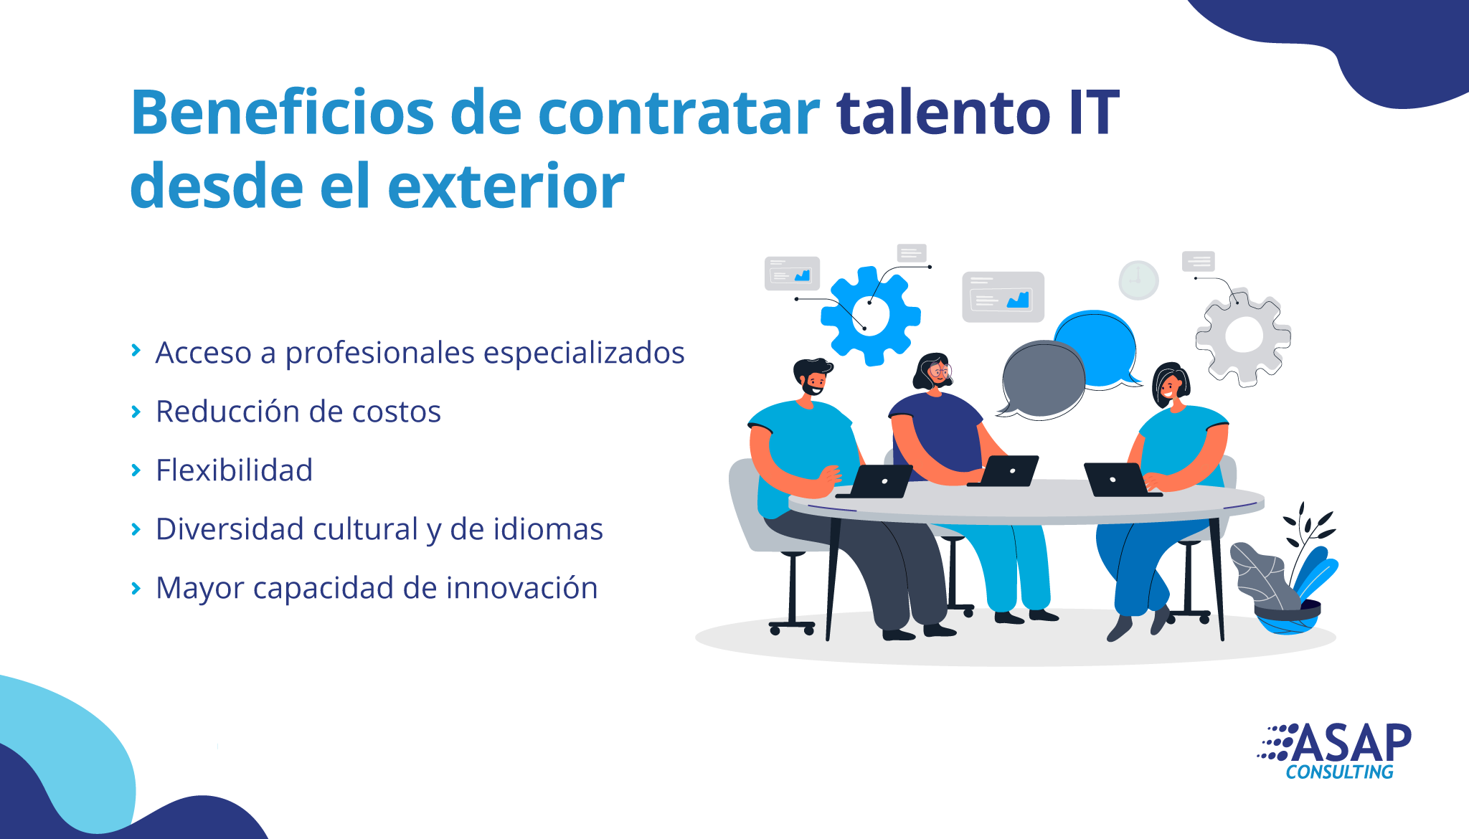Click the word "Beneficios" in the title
coord(283,112)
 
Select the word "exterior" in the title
coord(506,186)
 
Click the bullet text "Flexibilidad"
coord(235,470)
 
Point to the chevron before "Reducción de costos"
coord(136,412)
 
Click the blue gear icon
coord(871,316)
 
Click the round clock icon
coord(1138,280)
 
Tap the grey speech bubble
coord(1042,380)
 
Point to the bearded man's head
coord(813,376)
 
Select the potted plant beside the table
coord(1284,574)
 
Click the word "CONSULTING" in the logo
coord(1339,772)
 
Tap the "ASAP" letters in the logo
coord(1351,743)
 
